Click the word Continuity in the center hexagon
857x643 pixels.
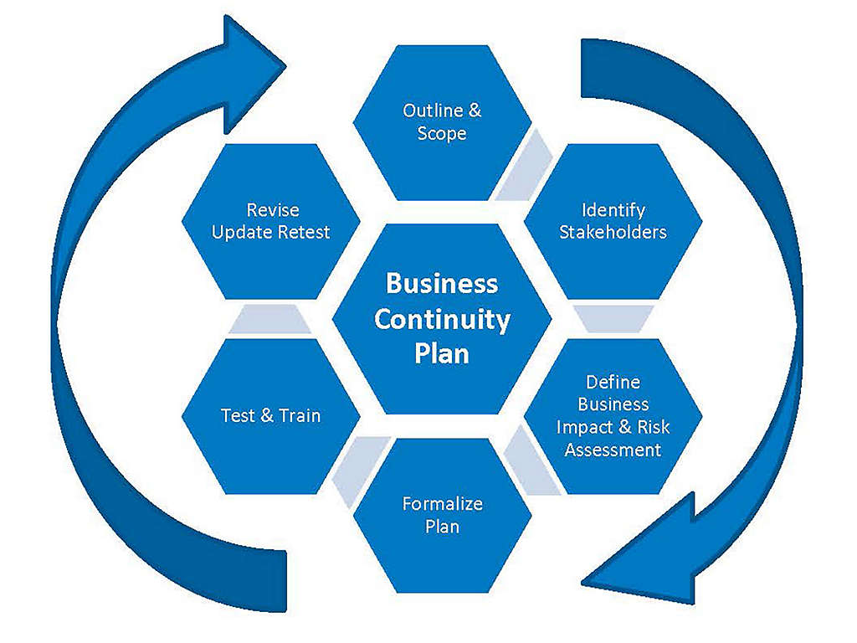[x=442, y=319]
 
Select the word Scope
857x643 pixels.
[x=442, y=134]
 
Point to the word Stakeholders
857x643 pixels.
[x=613, y=232]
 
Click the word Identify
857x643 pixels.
[x=613, y=209]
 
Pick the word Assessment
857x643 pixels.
[x=613, y=450]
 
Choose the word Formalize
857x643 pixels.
[x=442, y=504]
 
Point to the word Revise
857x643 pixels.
[x=272, y=209]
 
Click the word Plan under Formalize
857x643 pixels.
[x=442, y=527]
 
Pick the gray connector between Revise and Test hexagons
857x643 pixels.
[x=269, y=319]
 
